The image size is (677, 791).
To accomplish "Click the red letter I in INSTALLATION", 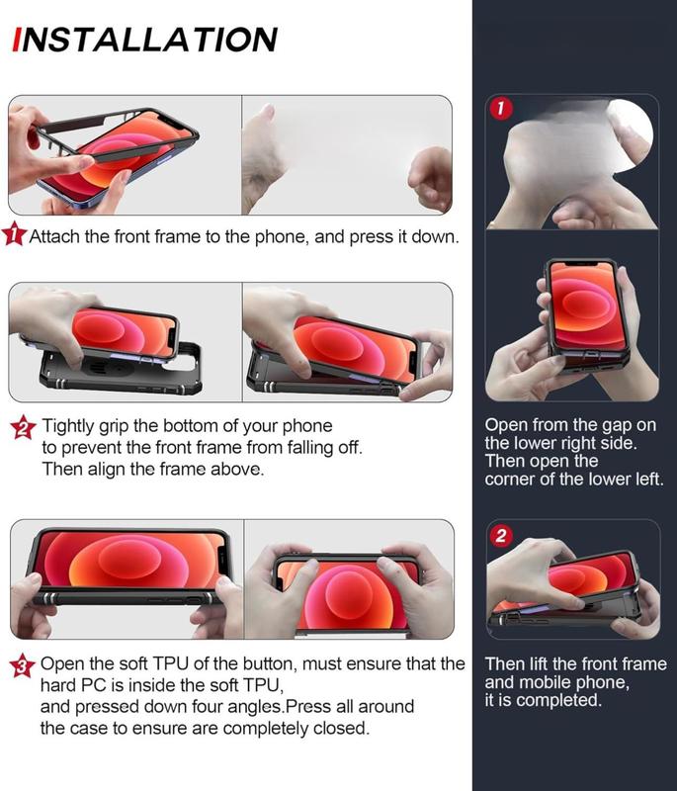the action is (x=18, y=40).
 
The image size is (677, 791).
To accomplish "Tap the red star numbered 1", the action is (x=14, y=234).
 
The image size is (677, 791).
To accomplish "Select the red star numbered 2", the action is (x=23, y=427).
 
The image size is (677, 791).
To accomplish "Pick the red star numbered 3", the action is (x=22, y=665).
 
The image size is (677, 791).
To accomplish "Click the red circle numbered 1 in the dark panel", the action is (x=500, y=108).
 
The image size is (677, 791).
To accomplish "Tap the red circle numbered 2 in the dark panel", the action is (x=500, y=535).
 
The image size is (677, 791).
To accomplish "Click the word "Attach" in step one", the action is (x=54, y=236).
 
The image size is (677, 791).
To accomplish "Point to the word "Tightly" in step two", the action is (x=67, y=427).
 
